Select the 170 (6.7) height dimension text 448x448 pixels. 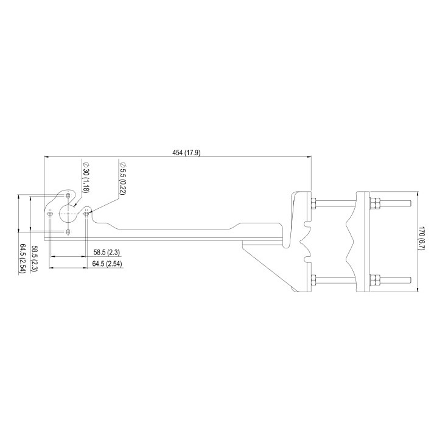click(x=421, y=239)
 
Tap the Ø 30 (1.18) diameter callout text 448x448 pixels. click(x=86, y=177)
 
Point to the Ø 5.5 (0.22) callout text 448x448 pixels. click(x=122, y=178)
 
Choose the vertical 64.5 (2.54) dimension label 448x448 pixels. click(x=23, y=259)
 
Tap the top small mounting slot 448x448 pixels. click(x=68, y=196)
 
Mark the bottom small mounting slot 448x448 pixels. click(x=68, y=232)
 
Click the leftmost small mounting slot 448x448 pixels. click(x=50, y=214)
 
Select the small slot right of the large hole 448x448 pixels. click(x=86, y=213)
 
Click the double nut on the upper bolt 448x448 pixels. click(x=375, y=203)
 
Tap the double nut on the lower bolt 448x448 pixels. click(x=375, y=281)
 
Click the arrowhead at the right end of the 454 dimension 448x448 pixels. click(x=309, y=157)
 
